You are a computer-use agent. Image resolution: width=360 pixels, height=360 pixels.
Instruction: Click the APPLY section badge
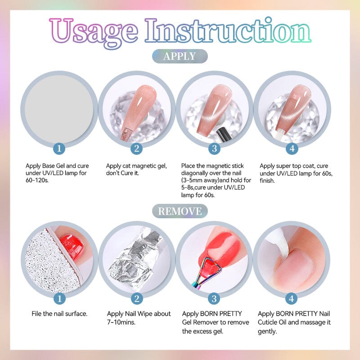click(180, 56)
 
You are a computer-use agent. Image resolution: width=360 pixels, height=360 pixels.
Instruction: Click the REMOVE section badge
click(180, 211)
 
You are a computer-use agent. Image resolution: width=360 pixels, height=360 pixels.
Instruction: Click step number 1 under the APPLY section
click(59, 148)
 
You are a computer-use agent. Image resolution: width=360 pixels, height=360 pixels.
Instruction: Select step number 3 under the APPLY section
click(214, 148)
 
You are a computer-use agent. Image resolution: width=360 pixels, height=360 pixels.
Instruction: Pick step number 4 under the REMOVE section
click(292, 298)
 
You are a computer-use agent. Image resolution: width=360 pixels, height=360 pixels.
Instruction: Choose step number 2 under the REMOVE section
click(137, 298)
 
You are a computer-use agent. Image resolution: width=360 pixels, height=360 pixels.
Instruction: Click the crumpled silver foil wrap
click(135, 256)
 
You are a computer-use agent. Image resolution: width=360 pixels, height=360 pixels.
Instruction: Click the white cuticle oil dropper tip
click(281, 238)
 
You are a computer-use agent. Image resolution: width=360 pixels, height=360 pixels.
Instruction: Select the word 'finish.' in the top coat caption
click(268, 180)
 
